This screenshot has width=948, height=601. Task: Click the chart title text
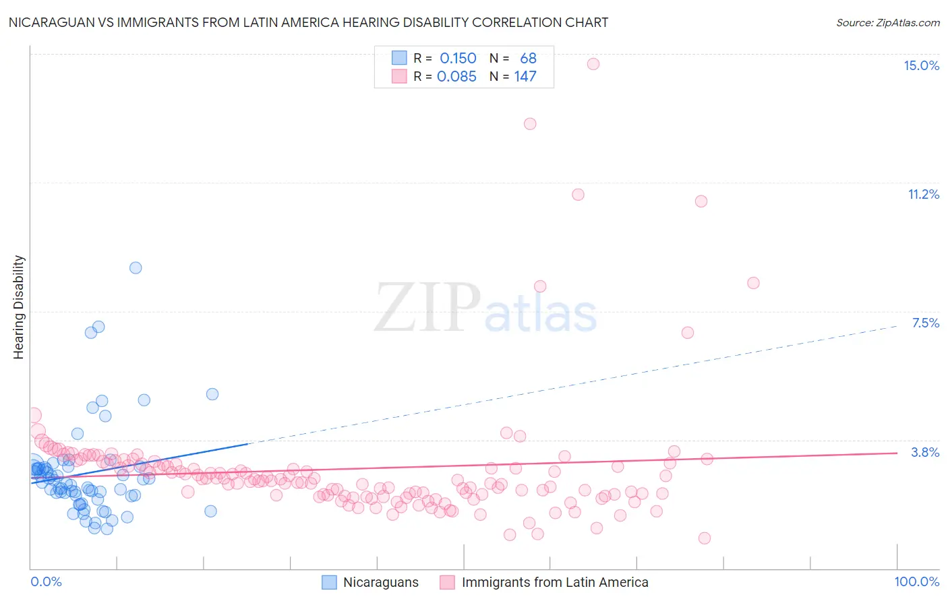click(x=308, y=23)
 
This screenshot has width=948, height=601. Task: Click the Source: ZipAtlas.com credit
click(x=887, y=23)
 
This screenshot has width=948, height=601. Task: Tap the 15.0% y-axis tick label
click(x=921, y=65)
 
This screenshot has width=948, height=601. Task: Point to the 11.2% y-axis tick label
click(x=923, y=194)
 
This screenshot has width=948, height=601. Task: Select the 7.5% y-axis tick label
click(x=925, y=323)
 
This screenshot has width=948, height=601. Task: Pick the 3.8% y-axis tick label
click(x=925, y=452)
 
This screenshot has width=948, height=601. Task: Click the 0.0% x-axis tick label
click(x=46, y=581)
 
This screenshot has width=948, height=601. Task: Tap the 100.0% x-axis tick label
click(x=916, y=581)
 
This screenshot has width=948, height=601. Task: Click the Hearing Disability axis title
click(x=19, y=307)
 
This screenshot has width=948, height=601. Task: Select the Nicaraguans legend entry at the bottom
click(x=380, y=582)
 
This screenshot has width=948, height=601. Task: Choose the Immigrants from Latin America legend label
click(x=554, y=582)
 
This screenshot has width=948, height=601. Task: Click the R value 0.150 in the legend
click(x=458, y=59)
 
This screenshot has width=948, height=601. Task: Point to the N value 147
click(x=525, y=77)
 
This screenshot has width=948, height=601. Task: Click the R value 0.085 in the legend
click(x=456, y=77)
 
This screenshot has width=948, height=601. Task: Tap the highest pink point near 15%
click(x=593, y=64)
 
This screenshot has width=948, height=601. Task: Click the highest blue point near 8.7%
click(x=136, y=267)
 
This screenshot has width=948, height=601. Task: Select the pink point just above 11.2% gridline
click(x=578, y=195)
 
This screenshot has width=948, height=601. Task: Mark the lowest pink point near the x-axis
click(x=705, y=538)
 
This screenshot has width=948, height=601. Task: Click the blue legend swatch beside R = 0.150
click(x=399, y=58)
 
